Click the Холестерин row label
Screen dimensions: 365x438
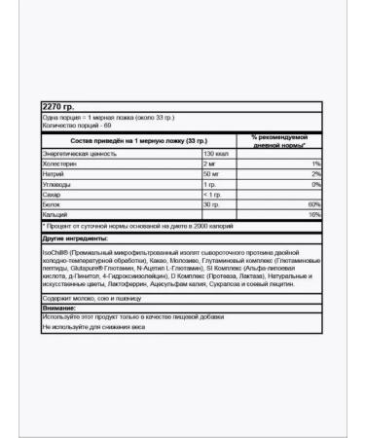(59, 163)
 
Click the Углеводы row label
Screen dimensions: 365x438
(58, 181)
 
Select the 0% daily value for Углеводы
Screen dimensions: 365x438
(318, 181)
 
